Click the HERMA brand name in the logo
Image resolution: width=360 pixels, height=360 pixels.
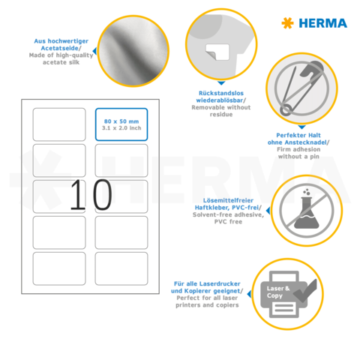[x=325, y=22]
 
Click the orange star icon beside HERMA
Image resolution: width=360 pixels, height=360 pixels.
[x=287, y=23]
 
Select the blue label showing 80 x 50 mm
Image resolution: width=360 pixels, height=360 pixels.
[x=121, y=124]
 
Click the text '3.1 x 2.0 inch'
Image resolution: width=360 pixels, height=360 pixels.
[x=121, y=128]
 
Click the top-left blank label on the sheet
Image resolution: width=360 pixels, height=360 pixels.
[x=59, y=124]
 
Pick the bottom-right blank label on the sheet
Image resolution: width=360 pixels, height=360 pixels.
[x=121, y=268]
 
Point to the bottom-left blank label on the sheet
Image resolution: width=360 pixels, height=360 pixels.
[x=59, y=268]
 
